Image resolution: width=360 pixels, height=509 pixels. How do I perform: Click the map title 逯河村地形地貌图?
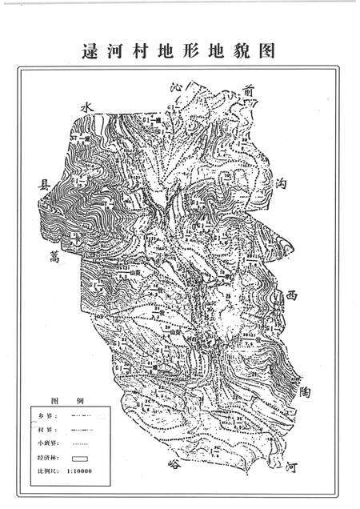179,52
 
